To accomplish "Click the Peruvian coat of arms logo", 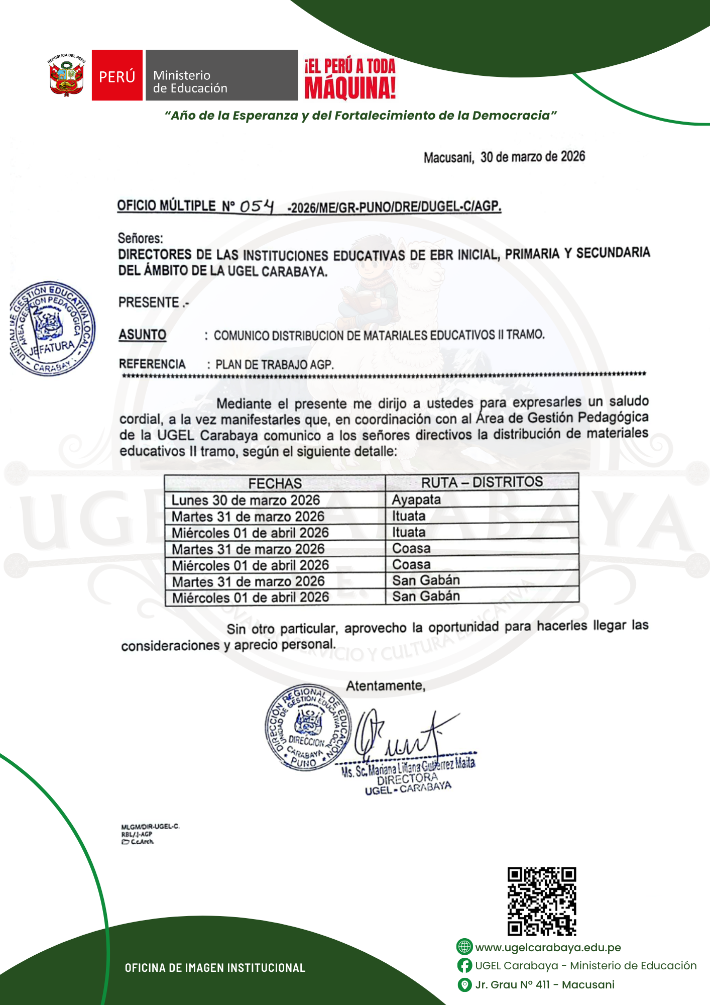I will pyautogui.click(x=66, y=75).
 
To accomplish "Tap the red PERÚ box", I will pyautogui.click(x=117, y=75).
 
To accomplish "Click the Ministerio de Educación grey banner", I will pyautogui.click(x=221, y=75).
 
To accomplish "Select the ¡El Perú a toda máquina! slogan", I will pyautogui.click(x=350, y=78).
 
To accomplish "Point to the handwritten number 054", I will pyautogui.click(x=257, y=206).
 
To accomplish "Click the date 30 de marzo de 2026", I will pyautogui.click(x=532, y=157).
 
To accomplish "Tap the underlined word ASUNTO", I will pyautogui.click(x=143, y=335).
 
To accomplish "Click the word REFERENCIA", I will pyautogui.click(x=152, y=364).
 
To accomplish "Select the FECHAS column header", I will pyautogui.click(x=275, y=483).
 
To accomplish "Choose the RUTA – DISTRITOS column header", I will pyautogui.click(x=482, y=482).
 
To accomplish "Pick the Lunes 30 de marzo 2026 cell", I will pyautogui.click(x=246, y=500).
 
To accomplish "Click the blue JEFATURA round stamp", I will pyautogui.click(x=52, y=328).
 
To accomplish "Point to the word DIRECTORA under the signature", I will pyautogui.click(x=407, y=778).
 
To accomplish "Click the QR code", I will pyautogui.click(x=541, y=901).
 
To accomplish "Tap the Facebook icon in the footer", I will pyautogui.click(x=464, y=965).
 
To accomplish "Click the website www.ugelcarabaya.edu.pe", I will pyautogui.click(x=548, y=947).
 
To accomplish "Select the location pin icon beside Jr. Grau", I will pyautogui.click(x=464, y=984).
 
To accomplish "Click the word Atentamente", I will pyautogui.click(x=385, y=685).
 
